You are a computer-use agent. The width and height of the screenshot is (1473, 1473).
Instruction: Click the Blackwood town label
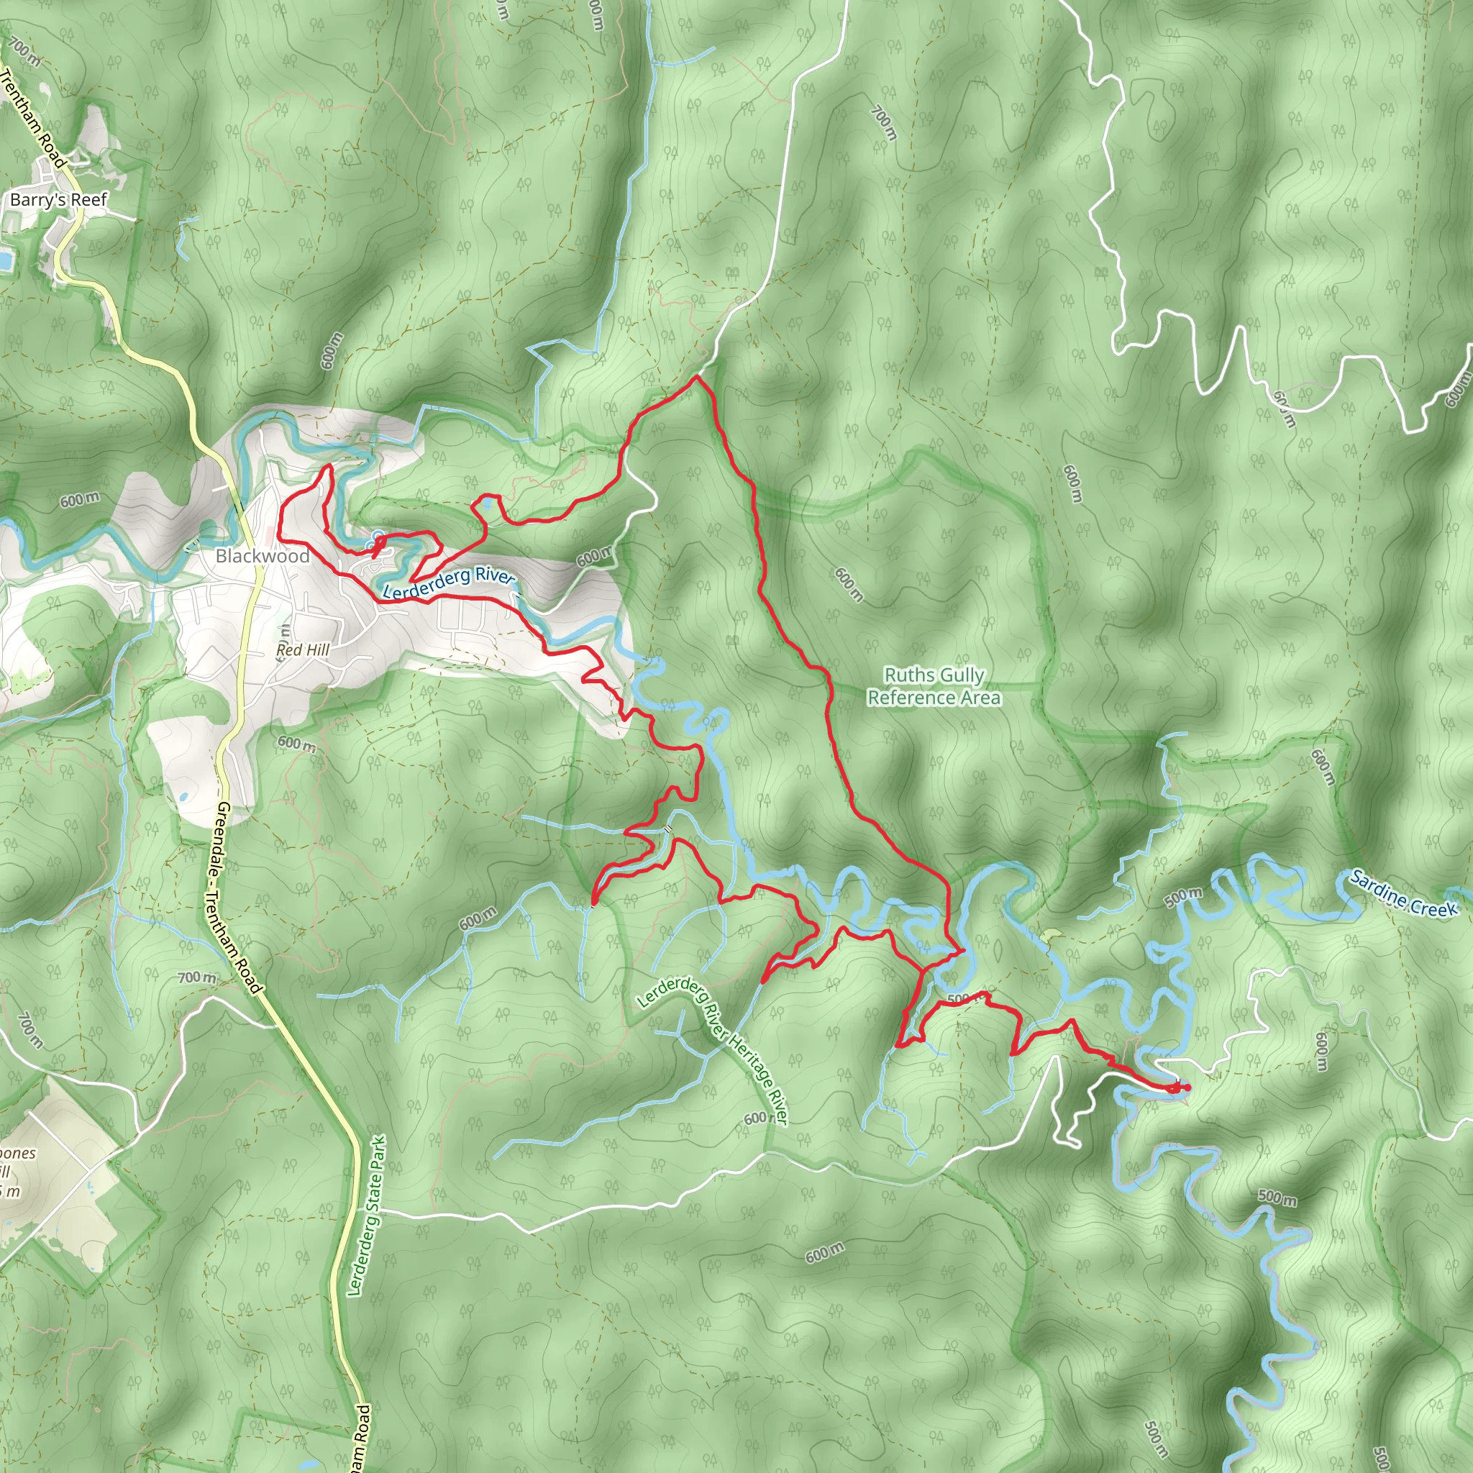[x=263, y=556]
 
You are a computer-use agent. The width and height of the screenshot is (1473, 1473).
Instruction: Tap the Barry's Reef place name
[x=59, y=200]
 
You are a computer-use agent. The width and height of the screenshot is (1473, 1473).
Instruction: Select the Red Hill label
[x=303, y=649]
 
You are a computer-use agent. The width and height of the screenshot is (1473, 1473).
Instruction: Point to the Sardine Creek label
[x=1403, y=893]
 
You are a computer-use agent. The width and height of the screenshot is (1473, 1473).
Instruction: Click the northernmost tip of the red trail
[x=696, y=376]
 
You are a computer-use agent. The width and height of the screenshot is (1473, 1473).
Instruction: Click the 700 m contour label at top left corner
[x=24, y=51]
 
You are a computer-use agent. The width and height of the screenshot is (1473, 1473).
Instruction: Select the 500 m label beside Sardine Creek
[x=1183, y=898]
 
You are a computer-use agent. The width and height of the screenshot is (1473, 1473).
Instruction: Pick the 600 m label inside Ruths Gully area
[x=849, y=584]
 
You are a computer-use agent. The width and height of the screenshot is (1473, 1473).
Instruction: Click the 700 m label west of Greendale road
[x=196, y=977]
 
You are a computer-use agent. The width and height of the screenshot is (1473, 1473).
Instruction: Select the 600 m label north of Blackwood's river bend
[x=332, y=351]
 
